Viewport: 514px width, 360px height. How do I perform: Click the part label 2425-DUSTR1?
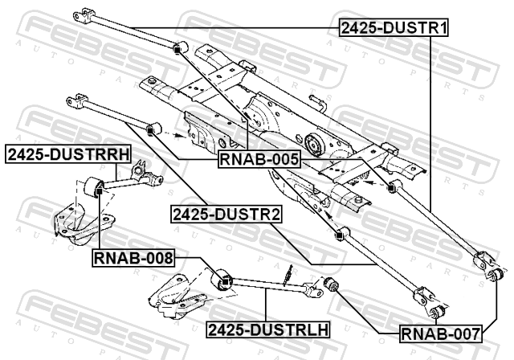[394, 27]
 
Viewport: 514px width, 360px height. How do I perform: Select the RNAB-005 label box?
[259, 159]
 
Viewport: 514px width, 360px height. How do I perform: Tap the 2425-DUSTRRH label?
[68, 154]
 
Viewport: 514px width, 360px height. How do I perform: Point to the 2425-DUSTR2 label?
[226, 215]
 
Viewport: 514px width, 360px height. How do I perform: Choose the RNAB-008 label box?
[133, 258]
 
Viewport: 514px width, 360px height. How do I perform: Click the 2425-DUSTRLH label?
[268, 329]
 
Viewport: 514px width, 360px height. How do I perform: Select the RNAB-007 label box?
[441, 334]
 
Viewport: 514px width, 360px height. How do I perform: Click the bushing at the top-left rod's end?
[180, 47]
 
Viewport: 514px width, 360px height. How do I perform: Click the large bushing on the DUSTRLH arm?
[222, 280]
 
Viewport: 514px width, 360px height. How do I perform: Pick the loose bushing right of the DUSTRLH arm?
[332, 284]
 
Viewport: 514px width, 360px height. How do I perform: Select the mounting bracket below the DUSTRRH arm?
[84, 223]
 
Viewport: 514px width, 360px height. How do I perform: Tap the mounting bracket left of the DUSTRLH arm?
[177, 297]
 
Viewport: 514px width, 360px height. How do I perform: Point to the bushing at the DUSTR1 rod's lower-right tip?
[496, 275]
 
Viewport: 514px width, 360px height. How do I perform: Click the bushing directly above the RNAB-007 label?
[437, 311]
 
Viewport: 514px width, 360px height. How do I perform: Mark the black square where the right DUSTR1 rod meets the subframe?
[390, 188]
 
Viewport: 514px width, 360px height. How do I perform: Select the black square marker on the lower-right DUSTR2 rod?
[339, 235]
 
